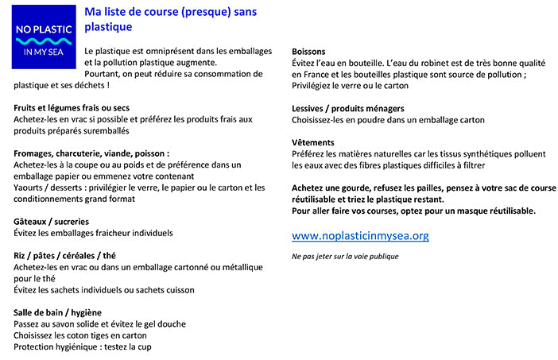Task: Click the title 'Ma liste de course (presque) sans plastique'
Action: click(170, 20)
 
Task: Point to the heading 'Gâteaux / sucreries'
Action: click(52, 221)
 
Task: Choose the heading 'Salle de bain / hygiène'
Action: click(58, 312)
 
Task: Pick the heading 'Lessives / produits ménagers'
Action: click(348, 108)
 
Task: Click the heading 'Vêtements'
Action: click(312, 142)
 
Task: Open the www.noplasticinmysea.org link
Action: click(360, 236)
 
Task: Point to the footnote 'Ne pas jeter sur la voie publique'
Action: click(345, 257)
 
